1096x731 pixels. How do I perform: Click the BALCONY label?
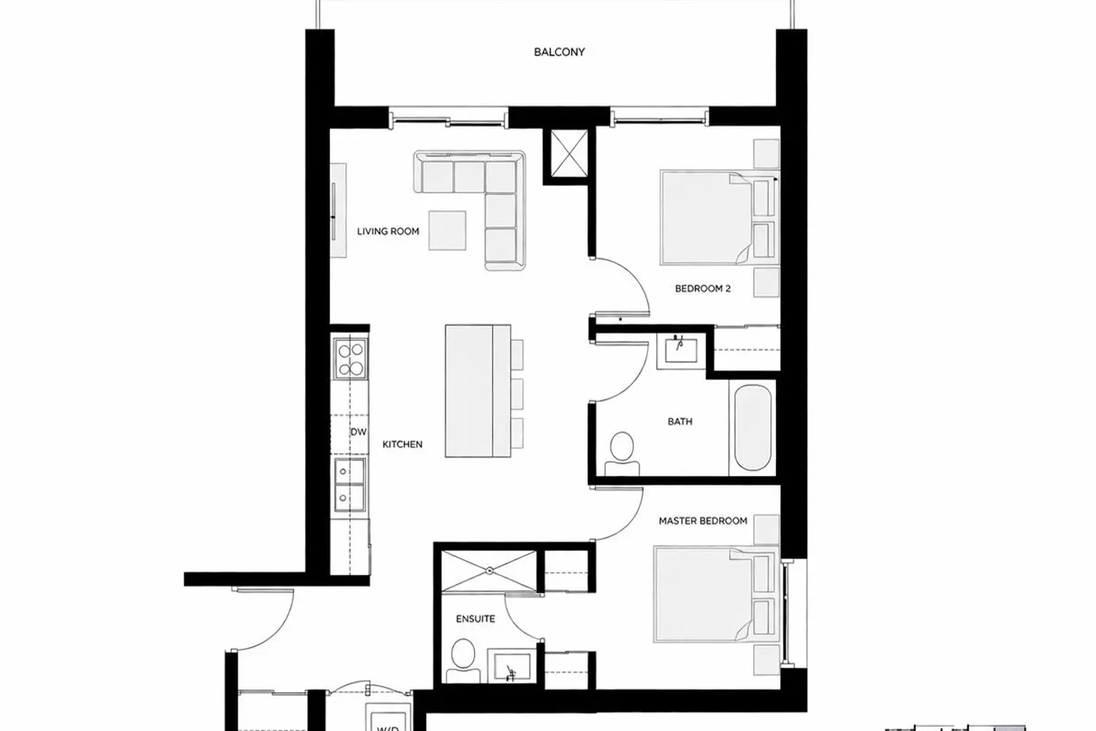click(559, 52)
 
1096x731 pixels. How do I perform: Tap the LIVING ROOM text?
click(388, 231)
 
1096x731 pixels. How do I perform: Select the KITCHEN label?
click(402, 444)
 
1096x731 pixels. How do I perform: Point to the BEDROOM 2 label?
click(703, 289)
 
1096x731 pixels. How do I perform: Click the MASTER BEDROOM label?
click(703, 520)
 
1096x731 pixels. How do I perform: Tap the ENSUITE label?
click(475, 619)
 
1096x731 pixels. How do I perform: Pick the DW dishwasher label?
click(359, 432)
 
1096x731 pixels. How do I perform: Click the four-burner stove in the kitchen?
click(350, 359)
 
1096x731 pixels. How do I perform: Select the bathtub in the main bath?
click(753, 428)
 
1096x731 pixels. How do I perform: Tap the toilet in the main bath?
click(622, 454)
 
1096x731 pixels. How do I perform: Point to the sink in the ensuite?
click(511, 667)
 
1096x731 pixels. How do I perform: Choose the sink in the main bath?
click(681, 351)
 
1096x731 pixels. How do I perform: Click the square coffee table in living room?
click(447, 230)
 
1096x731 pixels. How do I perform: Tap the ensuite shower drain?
click(490, 571)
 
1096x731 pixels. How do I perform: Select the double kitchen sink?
click(350, 485)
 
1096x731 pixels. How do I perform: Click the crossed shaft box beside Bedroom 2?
click(569, 153)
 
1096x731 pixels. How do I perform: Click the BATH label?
click(680, 421)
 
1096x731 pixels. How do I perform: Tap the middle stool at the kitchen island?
click(517, 394)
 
